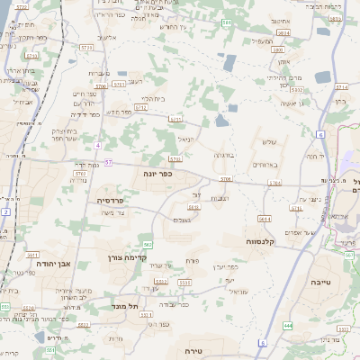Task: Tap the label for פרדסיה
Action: tap(111, 201)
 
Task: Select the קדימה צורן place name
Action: tap(138, 243)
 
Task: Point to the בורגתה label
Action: tap(224, 155)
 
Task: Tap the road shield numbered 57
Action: tap(108, 163)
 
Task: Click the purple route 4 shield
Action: tap(97, 146)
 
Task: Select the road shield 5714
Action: tap(341, 87)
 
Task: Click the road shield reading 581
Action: tap(226, 22)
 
